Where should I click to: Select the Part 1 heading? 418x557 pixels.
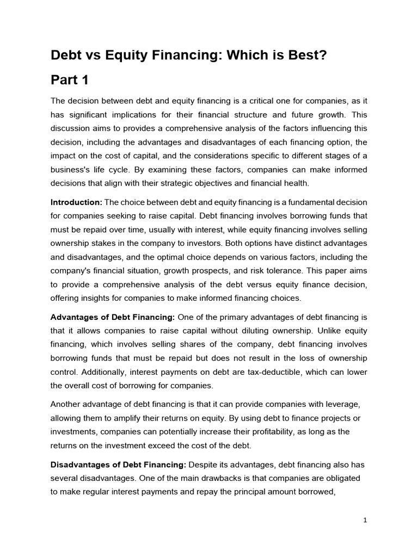pyautogui.click(x=69, y=80)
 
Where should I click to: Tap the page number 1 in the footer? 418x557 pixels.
pyautogui.click(x=365, y=520)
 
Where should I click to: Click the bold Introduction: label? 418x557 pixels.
pyautogui.click(x=76, y=202)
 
